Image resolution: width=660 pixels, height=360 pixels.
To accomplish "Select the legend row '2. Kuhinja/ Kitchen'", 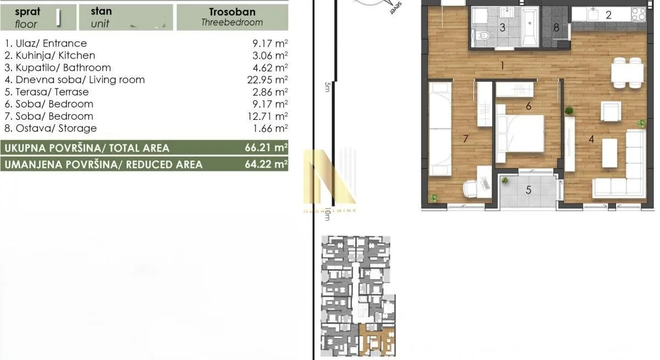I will (50, 56).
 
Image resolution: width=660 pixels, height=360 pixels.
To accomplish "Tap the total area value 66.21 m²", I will (267, 148).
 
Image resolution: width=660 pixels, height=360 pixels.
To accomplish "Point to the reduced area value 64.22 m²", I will (267, 164).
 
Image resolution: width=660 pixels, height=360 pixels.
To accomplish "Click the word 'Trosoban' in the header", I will (232, 12).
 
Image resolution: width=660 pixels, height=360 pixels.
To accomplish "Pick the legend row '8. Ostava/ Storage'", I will (50, 128).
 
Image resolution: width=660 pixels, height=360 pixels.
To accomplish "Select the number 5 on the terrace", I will (529, 190).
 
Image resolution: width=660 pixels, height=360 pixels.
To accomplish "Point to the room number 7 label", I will (465, 139).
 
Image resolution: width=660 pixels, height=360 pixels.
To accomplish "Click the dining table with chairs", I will (627, 73).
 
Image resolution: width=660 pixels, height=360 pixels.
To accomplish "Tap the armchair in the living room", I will (610, 112).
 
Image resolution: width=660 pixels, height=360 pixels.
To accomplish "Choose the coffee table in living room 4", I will (609, 153).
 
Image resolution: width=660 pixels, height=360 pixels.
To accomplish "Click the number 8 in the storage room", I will (556, 27).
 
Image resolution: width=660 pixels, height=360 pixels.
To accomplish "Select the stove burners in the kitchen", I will (638, 15).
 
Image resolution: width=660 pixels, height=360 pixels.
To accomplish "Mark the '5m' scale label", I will (327, 87).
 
